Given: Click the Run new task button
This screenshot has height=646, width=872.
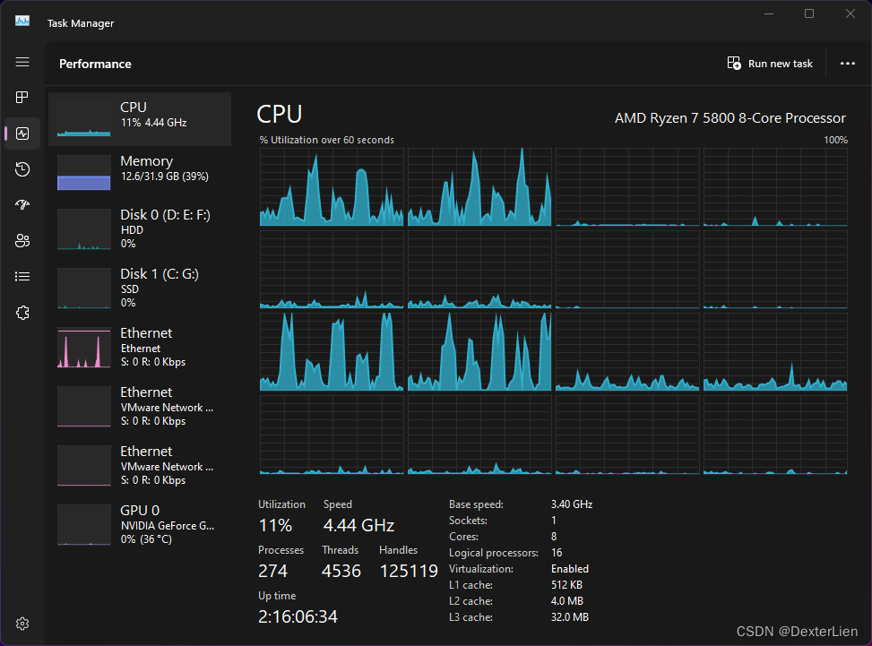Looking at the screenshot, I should tap(771, 64).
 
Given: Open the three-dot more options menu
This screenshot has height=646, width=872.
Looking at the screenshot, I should tap(848, 64).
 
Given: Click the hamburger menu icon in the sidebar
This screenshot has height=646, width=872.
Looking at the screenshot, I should tap(22, 62).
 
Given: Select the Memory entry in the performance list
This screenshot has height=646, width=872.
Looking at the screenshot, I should tap(140, 168).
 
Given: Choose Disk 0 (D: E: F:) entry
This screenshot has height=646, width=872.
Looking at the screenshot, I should tap(140, 228).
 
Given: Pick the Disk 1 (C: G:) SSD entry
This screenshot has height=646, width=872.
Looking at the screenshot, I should tap(140, 287).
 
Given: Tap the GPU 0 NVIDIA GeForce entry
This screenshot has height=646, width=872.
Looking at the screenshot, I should tap(140, 524).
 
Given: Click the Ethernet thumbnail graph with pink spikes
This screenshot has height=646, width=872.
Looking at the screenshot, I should tap(83, 348).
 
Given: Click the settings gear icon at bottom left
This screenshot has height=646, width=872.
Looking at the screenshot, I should tap(23, 624).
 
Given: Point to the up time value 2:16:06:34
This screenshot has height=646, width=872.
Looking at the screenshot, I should tap(298, 616).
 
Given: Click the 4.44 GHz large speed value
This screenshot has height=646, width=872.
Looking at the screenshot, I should tap(358, 525).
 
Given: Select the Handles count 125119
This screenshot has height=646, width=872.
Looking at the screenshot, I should tap(409, 572).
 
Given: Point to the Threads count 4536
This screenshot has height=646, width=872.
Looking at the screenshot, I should tap(341, 572).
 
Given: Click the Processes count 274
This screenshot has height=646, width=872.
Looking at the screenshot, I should tap(273, 572).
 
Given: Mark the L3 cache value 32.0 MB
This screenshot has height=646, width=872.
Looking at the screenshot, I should tap(569, 617).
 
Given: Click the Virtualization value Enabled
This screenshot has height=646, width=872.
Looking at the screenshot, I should tap(569, 569).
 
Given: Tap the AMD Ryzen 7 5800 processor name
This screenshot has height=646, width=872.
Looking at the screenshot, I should tap(730, 118).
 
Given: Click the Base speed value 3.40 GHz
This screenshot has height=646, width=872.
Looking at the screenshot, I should tap(571, 504).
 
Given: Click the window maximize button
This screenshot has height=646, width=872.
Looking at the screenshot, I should tap(809, 13).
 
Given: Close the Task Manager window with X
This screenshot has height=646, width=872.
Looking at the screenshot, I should tap(850, 13).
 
